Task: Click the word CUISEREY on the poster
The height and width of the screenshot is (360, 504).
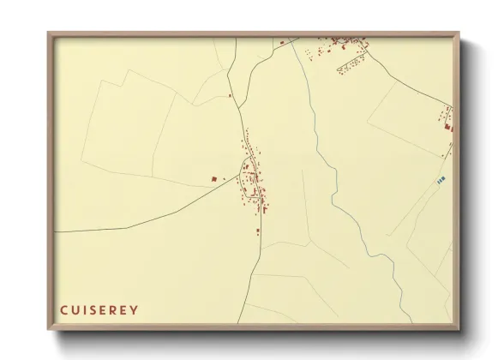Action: point(99,309)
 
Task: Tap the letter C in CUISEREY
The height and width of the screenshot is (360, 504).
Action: point(64,309)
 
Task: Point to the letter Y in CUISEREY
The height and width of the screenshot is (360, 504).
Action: point(134,309)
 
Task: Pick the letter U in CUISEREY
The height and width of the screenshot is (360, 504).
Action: point(75,309)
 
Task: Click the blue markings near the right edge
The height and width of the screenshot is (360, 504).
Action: point(441,180)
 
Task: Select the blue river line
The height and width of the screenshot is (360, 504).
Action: point(343,189)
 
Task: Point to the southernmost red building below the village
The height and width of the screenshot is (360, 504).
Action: point(256,230)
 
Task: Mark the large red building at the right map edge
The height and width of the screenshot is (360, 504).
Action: point(447,128)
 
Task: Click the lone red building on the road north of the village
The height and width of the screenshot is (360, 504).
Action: point(230,95)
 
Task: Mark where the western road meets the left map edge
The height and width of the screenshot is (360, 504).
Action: point(57,231)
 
